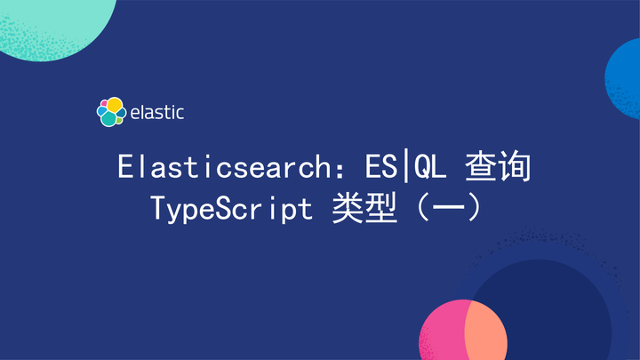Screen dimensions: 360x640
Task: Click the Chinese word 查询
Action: (504, 167)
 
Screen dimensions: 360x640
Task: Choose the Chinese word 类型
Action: (364, 210)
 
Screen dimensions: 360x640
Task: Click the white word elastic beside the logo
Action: (157, 112)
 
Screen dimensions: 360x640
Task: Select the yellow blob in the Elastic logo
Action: (115, 105)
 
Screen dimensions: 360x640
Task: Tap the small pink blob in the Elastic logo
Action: (104, 102)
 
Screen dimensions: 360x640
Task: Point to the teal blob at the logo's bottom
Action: (109, 118)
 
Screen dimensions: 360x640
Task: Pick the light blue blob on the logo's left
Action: (100, 111)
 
